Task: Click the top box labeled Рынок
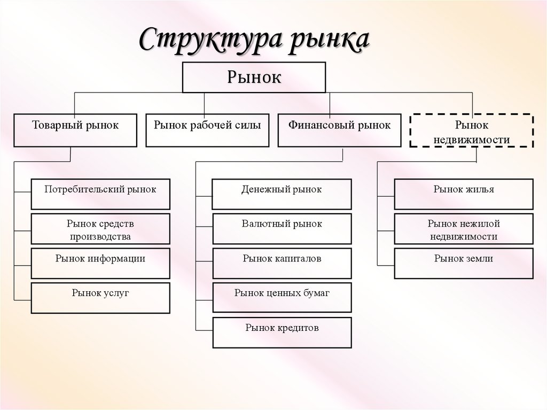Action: (x=254, y=78)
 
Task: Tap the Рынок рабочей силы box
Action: (x=207, y=130)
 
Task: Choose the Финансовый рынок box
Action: (x=339, y=130)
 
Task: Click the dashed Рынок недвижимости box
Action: (x=471, y=131)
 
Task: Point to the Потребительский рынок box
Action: (x=100, y=194)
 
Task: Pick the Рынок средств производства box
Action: (x=100, y=229)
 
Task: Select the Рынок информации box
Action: (x=100, y=263)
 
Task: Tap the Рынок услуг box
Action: (x=100, y=298)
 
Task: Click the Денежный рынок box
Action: (x=282, y=194)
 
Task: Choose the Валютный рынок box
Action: (x=282, y=229)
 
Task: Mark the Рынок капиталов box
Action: (x=282, y=263)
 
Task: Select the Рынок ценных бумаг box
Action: (x=282, y=297)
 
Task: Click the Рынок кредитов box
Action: (x=282, y=332)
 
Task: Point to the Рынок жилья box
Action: (x=464, y=194)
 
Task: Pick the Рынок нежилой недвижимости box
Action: (x=464, y=229)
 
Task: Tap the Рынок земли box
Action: (x=464, y=263)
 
